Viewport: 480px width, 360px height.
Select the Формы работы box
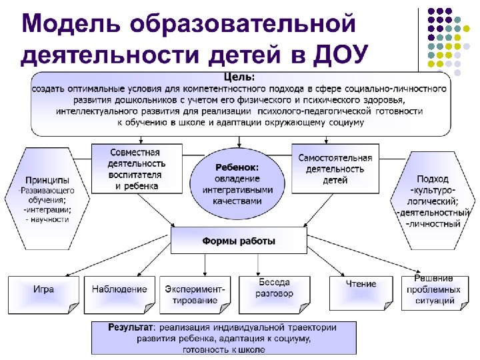[238, 241]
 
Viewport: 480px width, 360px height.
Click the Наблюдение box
[120, 290]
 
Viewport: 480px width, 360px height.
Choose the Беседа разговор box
[274, 289]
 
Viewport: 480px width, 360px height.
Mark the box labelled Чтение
[361, 285]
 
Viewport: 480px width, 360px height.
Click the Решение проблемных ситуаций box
[433, 289]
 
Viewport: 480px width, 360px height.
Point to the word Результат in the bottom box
[130, 327]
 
